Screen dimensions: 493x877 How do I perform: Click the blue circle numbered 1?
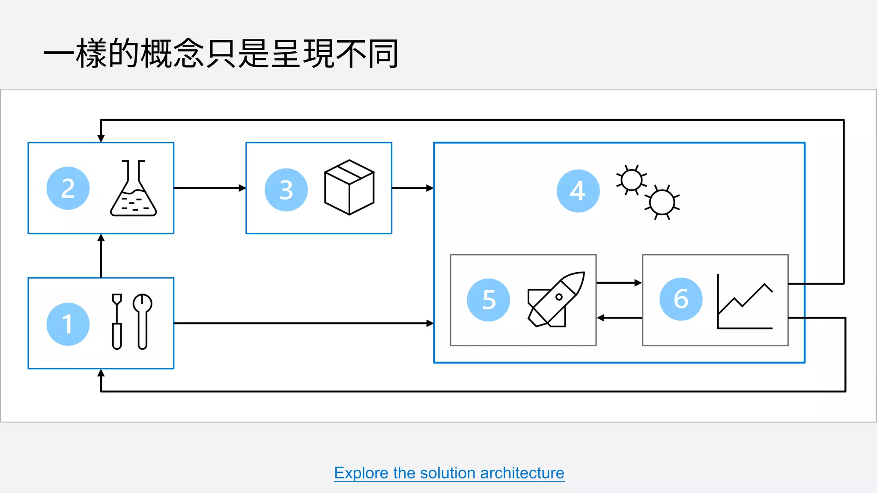(68, 324)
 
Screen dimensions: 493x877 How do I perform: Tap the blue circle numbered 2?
(68, 188)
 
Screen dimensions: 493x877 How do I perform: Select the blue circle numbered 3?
(286, 190)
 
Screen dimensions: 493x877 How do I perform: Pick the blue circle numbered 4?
(578, 191)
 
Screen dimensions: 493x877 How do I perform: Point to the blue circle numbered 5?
(489, 300)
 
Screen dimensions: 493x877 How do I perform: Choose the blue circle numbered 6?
(681, 299)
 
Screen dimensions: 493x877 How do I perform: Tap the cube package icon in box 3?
(349, 187)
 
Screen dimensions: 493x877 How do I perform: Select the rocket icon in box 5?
(556, 300)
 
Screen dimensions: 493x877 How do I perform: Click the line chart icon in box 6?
(745, 302)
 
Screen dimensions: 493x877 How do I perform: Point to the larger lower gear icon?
(662, 202)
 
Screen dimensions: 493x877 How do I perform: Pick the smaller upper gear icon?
(631, 180)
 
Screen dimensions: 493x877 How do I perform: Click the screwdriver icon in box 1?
(117, 321)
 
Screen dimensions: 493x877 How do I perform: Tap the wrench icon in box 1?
(143, 321)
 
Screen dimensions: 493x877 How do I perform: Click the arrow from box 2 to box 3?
(210, 188)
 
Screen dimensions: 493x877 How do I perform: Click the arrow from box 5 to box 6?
(619, 283)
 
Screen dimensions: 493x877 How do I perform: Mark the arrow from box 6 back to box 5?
(619, 318)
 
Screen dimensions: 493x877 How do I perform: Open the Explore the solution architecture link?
(449, 473)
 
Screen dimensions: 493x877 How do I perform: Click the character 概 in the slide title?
(156, 53)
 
